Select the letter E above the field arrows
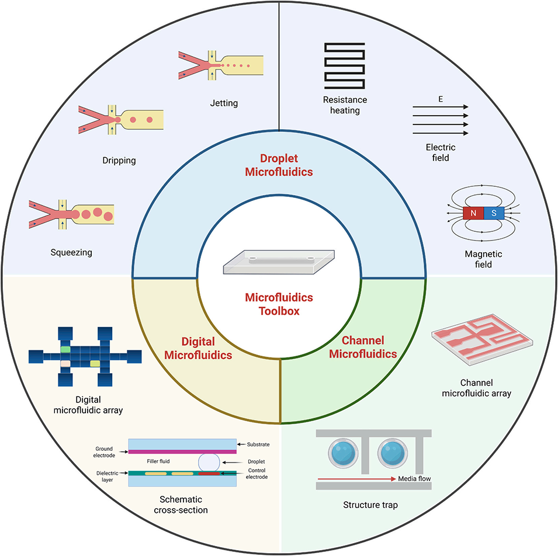tap(441, 99)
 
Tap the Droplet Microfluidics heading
tap(279, 165)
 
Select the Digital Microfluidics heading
tap(198, 347)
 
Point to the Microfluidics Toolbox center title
tap(279, 304)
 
